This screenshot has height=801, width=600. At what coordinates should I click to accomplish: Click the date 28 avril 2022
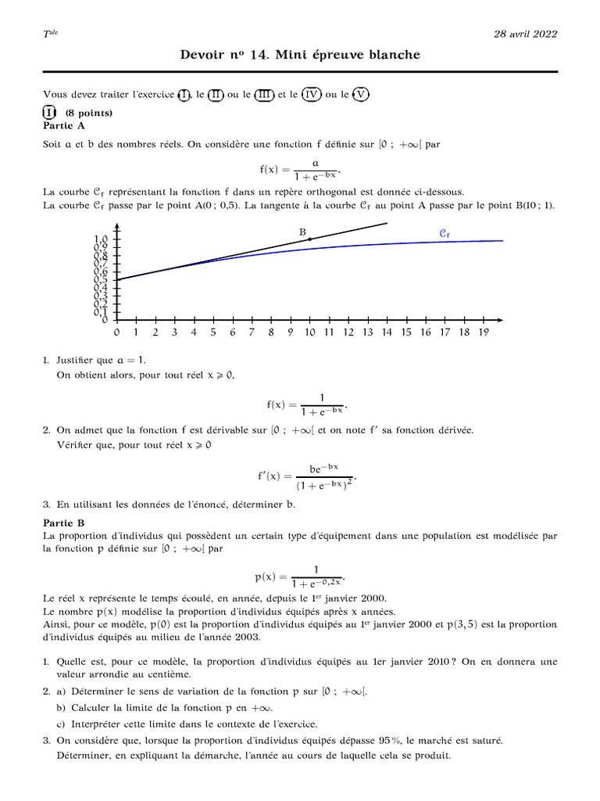tap(525, 34)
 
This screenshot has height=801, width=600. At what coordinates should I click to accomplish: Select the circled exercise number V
tap(359, 95)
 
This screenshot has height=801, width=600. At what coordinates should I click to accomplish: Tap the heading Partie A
tap(65, 125)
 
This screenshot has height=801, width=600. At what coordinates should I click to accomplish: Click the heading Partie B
tap(65, 523)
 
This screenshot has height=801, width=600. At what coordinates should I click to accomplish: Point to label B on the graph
tap(302, 231)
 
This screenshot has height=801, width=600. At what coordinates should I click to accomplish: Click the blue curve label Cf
tap(445, 232)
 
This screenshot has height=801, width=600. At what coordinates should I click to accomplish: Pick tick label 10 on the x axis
tap(309, 332)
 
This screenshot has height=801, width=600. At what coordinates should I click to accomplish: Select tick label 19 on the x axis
tap(483, 332)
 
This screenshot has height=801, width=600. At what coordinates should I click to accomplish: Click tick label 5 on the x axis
tap(212, 332)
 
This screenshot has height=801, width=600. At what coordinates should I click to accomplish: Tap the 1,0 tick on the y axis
tap(101, 239)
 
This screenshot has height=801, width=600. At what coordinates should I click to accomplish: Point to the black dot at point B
tap(310, 239)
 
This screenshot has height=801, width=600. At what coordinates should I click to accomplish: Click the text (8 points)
tap(89, 113)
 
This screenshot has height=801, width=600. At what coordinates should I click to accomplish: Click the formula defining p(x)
tap(299, 577)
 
